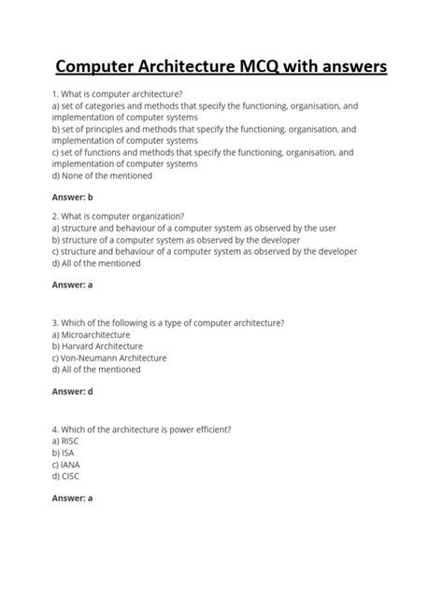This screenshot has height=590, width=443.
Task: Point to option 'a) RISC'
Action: (x=67, y=440)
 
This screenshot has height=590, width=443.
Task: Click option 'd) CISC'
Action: (x=66, y=475)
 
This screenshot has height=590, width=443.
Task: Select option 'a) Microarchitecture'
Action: (x=92, y=334)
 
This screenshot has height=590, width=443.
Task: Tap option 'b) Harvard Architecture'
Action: (x=98, y=345)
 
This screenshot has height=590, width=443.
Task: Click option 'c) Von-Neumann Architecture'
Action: (x=109, y=358)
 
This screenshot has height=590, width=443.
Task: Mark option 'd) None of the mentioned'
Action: (x=102, y=175)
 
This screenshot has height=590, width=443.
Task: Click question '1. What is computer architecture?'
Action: (x=118, y=94)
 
